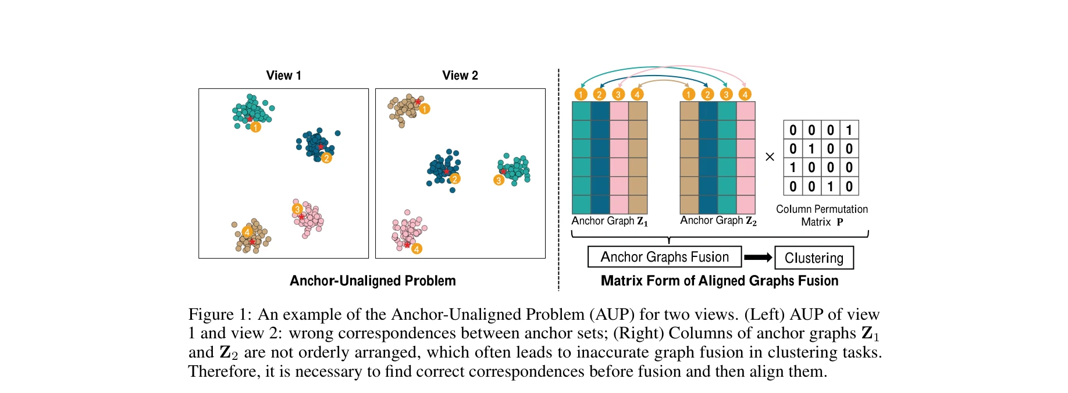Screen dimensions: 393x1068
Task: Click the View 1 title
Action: point(283,76)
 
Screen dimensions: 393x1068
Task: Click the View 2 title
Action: point(460,76)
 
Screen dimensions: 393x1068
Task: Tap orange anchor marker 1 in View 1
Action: point(255,127)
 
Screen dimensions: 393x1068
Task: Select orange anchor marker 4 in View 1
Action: point(247,232)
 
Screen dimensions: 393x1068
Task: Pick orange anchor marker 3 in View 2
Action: point(499,180)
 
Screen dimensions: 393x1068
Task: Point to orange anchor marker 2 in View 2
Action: point(455,178)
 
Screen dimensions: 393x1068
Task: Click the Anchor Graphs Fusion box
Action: point(664,257)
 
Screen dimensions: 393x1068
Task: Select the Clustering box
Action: point(814,258)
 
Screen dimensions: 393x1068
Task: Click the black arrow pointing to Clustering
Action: point(758,258)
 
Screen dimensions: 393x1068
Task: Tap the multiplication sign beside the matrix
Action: point(770,157)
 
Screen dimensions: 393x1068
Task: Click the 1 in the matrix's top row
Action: point(849,130)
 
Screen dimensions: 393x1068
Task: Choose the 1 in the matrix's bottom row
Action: point(830,187)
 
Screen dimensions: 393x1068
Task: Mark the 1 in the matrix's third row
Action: point(793,168)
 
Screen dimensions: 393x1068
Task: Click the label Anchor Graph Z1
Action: point(609,221)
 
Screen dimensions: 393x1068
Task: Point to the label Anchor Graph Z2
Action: point(718,220)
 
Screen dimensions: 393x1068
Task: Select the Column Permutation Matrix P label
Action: point(821,215)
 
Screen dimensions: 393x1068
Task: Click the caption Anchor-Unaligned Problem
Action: point(372,281)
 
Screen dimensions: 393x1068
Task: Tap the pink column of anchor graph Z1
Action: point(619,158)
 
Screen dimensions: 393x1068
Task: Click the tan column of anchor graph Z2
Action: point(689,158)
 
